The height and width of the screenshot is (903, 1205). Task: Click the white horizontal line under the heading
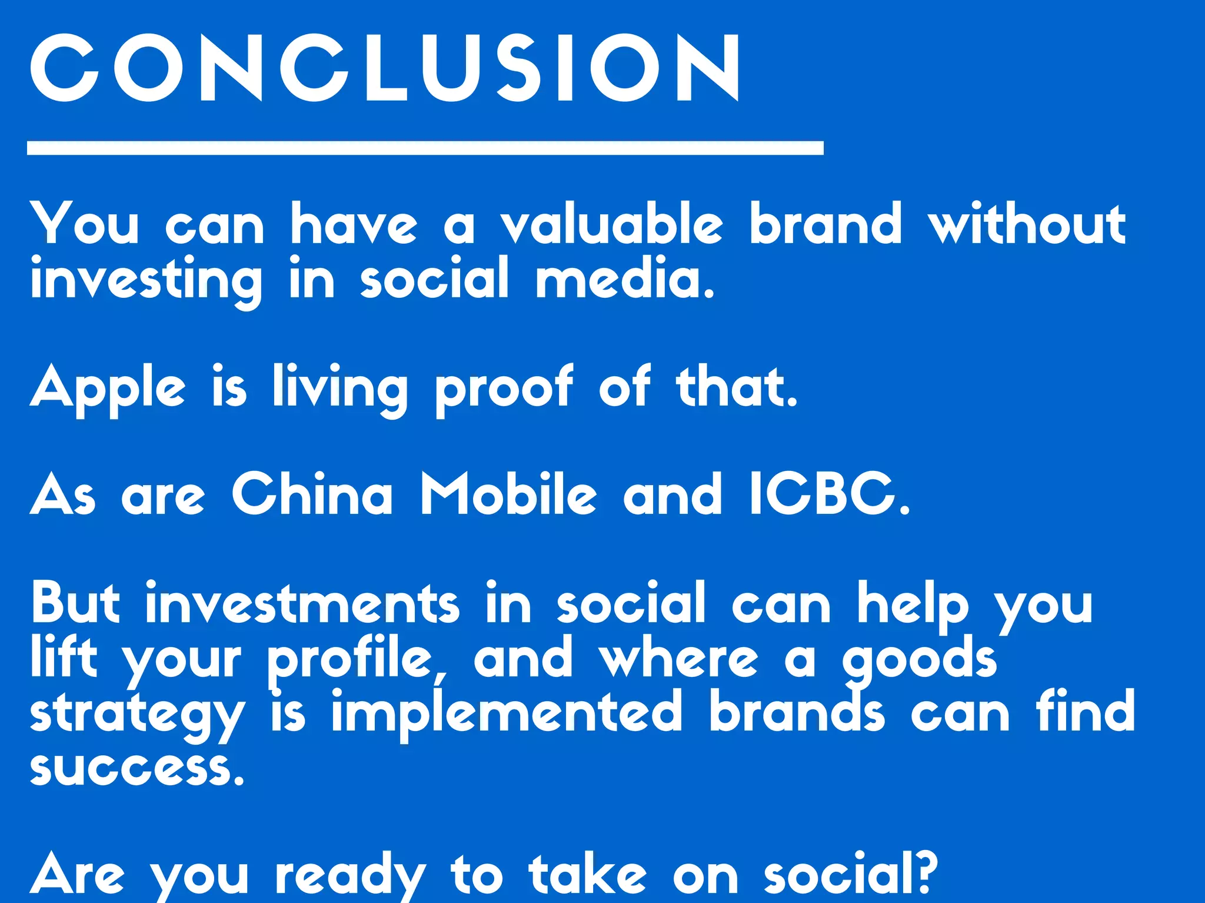[x=425, y=148]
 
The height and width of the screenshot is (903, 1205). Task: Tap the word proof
[x=504, y=389]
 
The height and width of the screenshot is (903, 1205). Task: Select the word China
[x=312, y=494]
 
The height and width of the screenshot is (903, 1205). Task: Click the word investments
[x=302, y=603]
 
